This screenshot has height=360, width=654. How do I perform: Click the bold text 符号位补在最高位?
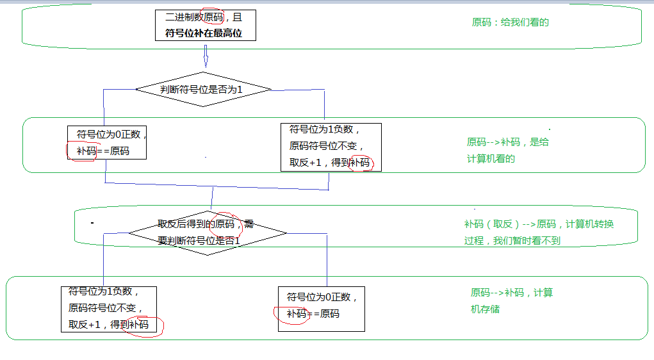(205, 33)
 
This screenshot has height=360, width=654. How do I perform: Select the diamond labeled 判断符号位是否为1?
(202, 90)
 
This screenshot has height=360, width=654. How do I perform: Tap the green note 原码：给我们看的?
(510, 22)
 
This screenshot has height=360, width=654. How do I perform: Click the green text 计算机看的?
(491, 159)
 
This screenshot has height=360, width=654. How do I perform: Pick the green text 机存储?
(485, 309)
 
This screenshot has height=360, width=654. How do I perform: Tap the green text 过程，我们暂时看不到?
(512, 241)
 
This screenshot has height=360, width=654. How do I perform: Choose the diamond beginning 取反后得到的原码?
(207, 233)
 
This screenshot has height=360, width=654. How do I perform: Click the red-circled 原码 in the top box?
(214, 18)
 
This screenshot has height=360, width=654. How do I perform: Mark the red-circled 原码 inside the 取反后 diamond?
(225, 224)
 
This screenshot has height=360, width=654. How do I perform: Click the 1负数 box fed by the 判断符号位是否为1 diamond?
(331, 147)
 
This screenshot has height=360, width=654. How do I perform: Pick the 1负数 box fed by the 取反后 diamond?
(109, 309)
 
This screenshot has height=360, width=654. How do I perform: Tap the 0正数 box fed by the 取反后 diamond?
(321, 309)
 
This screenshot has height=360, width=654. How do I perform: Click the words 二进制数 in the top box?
(184, 18)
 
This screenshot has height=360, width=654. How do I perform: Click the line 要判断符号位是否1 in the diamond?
(199, 241)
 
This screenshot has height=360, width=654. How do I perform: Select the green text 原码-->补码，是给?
(507, 142)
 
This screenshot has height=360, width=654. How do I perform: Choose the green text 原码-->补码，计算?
(511, 293)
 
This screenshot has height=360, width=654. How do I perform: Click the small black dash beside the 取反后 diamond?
(92, 223)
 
